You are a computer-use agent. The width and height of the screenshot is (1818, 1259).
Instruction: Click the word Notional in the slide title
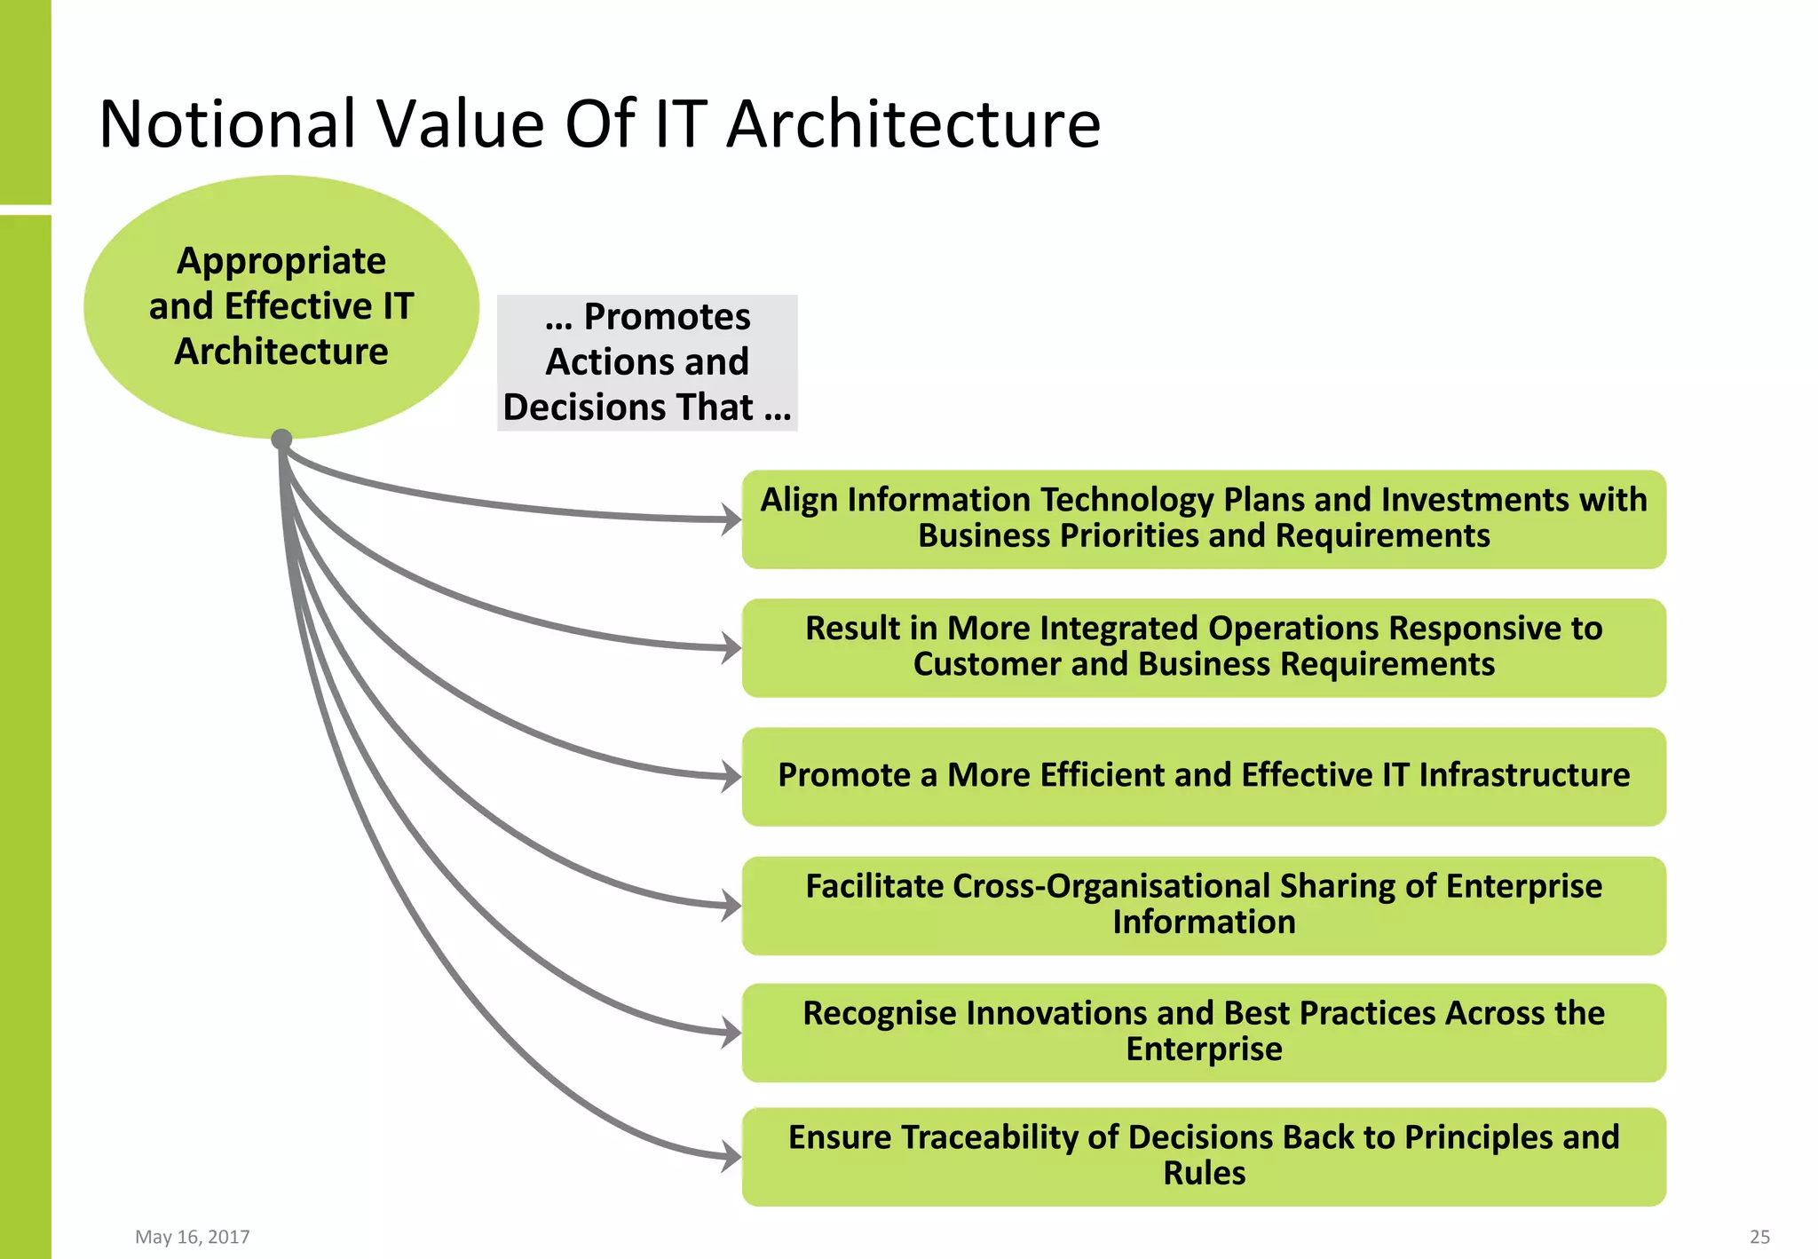227,123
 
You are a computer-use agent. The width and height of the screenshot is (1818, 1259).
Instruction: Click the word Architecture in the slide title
914,123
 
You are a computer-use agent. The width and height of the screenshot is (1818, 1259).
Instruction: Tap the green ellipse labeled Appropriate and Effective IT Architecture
281,305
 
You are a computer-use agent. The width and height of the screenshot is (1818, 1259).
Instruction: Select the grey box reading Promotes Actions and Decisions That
647,362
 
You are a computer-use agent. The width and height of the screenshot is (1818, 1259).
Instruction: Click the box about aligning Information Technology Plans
1204,519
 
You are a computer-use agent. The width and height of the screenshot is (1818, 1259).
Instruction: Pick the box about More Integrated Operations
1204,647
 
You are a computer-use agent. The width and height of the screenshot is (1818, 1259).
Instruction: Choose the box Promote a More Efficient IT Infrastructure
1204,776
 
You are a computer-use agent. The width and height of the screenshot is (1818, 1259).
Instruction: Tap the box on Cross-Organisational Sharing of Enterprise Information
1204,905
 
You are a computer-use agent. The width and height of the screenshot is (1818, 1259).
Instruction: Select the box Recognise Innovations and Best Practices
1204,1032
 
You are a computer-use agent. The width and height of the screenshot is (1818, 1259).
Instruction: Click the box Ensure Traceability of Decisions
1204,1156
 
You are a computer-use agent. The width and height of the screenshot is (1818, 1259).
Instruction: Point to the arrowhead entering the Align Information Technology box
731,519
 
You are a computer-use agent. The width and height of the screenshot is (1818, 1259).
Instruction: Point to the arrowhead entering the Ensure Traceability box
731,1157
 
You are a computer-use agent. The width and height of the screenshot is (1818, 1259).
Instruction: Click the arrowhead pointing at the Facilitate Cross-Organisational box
731,906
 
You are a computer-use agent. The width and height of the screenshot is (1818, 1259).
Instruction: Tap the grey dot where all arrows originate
281,439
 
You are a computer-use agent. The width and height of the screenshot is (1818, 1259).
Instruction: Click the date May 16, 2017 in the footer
192,1237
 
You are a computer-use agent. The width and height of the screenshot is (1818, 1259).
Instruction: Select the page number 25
1759,1237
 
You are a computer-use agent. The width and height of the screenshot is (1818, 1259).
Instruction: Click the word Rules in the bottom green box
1204,1174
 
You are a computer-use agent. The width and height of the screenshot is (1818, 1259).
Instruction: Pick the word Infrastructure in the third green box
1523,775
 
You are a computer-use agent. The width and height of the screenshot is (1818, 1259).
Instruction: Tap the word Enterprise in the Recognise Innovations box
1204,1049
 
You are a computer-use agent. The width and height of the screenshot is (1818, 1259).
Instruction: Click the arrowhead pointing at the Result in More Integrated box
731,647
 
